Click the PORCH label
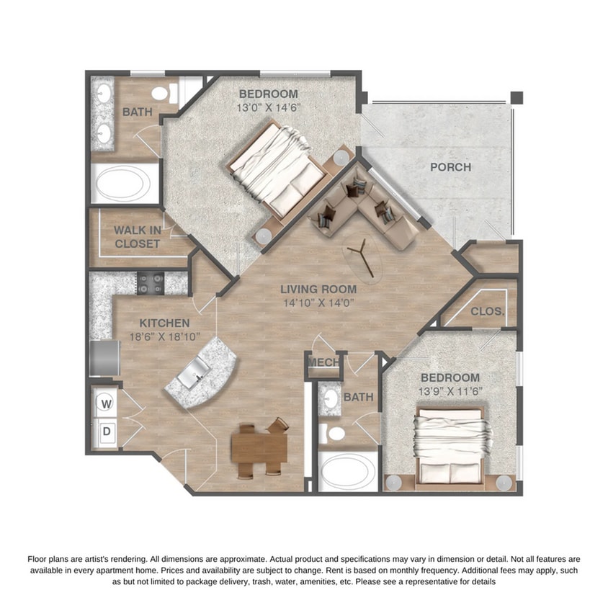450,167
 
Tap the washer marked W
107,405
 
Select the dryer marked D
106,432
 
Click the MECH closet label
323,362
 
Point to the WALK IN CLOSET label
137,237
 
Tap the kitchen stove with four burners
152,283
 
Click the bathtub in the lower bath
347,472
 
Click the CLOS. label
488,312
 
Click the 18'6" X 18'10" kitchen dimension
164,336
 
